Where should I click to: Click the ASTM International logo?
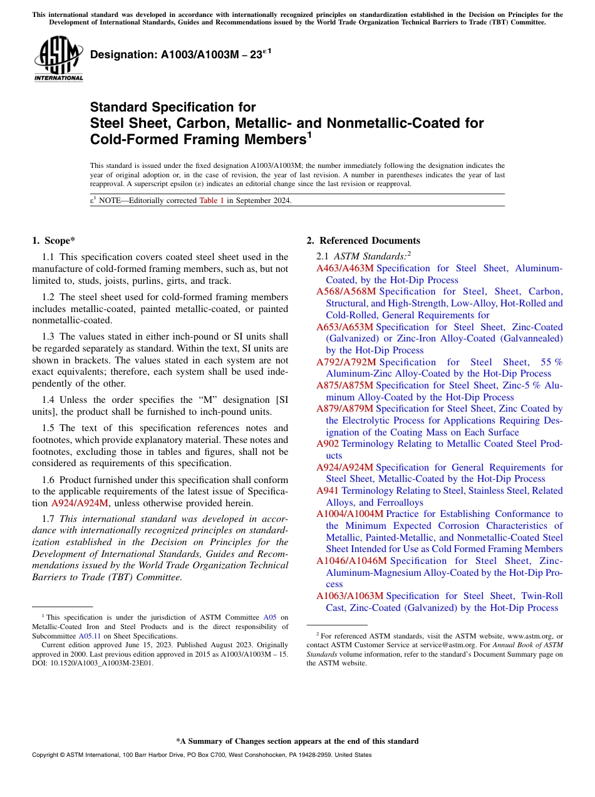coord(58,60)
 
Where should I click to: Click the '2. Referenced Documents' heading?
coord(363,241)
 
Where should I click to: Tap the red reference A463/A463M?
coord(344,268)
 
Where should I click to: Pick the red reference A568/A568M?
coord(346,292)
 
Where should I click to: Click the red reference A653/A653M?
coord(344,327)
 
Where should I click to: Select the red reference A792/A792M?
coord(346,362)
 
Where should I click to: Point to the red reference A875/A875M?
coord(344,385)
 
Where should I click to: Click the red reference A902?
coord(328,444)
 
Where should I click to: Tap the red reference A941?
coord(328,491)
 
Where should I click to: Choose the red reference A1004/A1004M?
coord(349,514)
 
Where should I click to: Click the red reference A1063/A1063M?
coord(349,596)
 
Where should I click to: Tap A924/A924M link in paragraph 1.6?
coord(80,503)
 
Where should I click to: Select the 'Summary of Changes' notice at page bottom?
coord(297,741)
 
